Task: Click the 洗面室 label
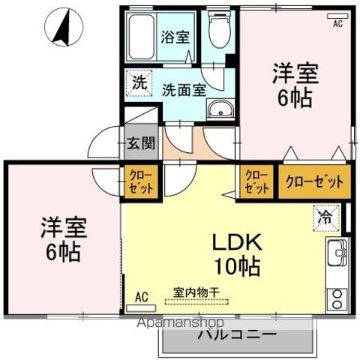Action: click(x=184, y=88)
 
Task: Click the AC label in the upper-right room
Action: click(x=338, y=22)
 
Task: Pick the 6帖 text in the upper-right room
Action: click(x=295, y=98)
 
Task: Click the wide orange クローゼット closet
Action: click(x=314, y=181)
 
